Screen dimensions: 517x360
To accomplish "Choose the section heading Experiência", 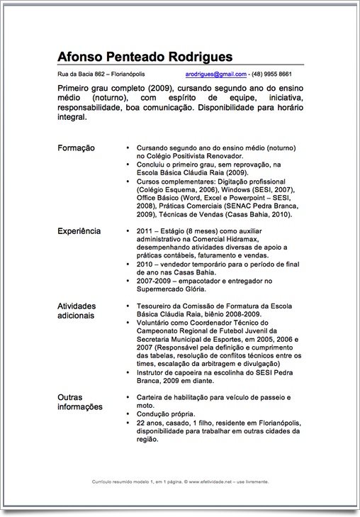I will point(79,231).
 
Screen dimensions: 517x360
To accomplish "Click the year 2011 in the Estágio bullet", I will point(145,231).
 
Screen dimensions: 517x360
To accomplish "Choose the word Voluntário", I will point(155,322).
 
